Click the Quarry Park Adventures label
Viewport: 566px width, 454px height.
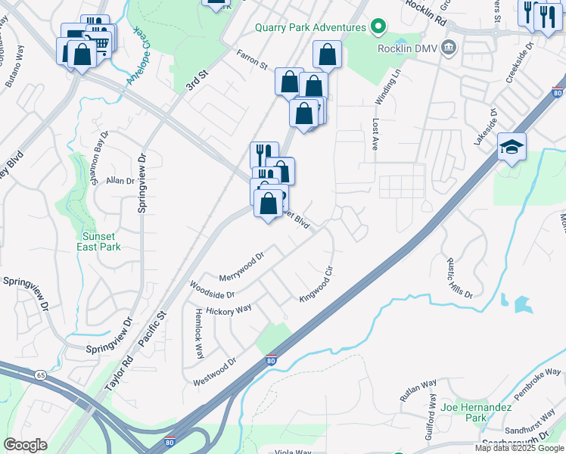(320, 27)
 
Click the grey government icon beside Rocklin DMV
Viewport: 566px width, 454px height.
(449, 48)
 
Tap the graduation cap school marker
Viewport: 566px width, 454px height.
(512, 148)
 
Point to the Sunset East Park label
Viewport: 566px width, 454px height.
(101, 241)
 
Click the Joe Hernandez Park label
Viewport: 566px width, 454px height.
(487, 412)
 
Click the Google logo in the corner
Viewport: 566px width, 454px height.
(26, 445)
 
